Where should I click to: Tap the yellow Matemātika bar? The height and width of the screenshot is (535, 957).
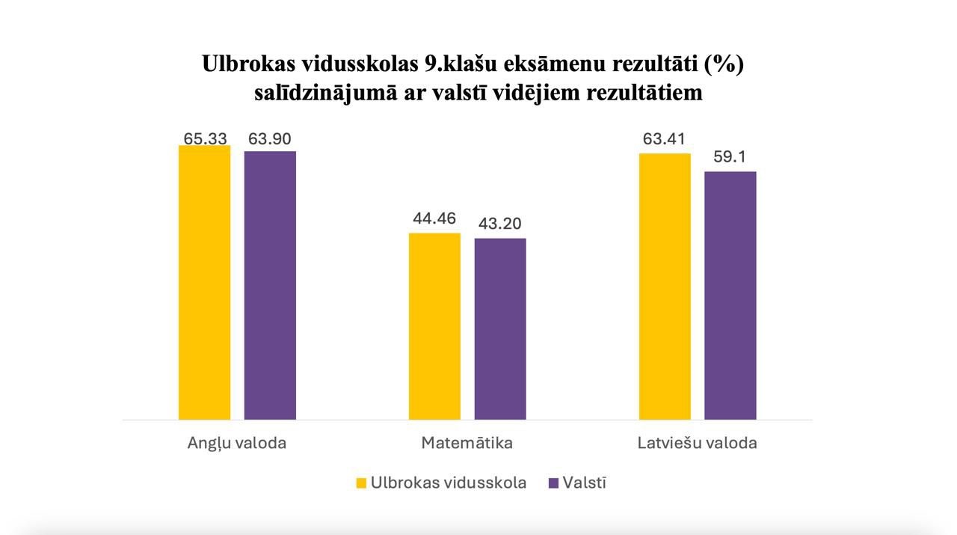(434, 326)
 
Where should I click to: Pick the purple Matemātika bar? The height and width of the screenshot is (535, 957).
(500, 328)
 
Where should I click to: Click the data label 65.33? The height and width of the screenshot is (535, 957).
(206, 138)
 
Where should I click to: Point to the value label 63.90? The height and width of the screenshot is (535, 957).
(270, 138)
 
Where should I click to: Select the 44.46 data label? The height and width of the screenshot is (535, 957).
(434, 218)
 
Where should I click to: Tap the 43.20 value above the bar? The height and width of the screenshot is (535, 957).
(500, 224)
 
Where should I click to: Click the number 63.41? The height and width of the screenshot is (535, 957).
(664, 138)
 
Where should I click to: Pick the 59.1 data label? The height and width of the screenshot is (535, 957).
(730, 157)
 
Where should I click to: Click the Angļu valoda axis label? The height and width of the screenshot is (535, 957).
(236, 443)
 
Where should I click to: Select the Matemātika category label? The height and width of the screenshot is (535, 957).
(467, 443)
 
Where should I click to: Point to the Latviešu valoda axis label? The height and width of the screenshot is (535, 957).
(697, 443)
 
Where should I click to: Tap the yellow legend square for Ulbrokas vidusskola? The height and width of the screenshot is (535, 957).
(361, 483)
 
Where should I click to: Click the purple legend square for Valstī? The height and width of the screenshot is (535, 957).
(554, 483)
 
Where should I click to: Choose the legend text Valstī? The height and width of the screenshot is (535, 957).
(585, 483)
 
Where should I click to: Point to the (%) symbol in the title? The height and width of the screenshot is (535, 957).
(724, 64)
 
